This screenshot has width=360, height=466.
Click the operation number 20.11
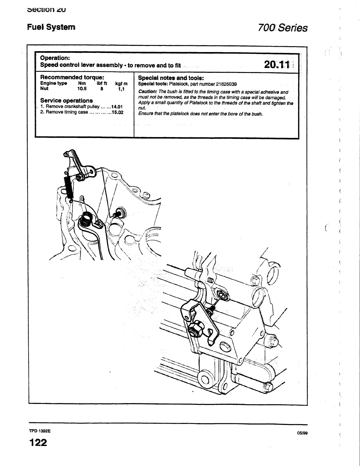(277, 64)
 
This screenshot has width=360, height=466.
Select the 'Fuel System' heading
(51, 27)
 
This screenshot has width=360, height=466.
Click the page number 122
(38, 442)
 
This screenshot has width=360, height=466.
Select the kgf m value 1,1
(121, 89)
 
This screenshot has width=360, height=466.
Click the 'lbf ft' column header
(102, 83)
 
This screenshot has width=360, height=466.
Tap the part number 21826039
(224, 84)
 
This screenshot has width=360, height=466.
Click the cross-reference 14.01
(117, 107)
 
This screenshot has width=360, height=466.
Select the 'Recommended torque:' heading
(72, 77)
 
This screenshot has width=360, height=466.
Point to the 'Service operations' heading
(66, 100)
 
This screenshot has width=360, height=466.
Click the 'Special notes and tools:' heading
(171, 78)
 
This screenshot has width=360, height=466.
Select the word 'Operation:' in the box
(55, 58)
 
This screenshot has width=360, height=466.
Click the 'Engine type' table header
(54, 83)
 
